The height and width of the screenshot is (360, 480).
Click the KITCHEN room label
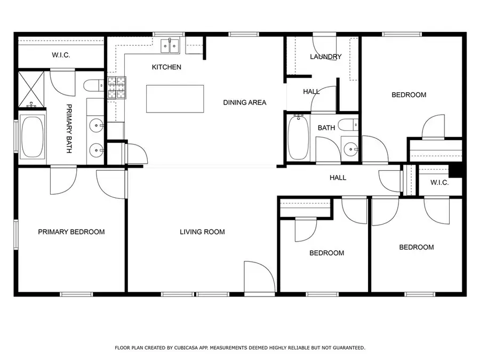pyautogui.click(x=166, y=67)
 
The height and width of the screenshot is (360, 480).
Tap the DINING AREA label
pyautogui.click(x=245, y=102)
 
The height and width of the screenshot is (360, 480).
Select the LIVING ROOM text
pyautogui.click(x=202, y=232)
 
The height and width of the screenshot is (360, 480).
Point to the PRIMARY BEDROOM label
pyautogui.click(x=71, y=232)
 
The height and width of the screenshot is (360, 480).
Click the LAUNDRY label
pyautogui.click(x=326, y=57)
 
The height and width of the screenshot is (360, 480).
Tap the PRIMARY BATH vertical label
pyautogui.click(x=69, y=129)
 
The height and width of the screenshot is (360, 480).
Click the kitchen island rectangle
pyautogui.click(x=175, y=99)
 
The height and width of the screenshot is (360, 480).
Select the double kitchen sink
pyautogui.click(x=170, y=46)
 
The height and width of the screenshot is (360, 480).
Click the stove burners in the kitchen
pyautogui.click(x=117, y=87)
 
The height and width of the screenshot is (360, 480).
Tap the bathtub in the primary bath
pyautogui.click(x=33, y=137)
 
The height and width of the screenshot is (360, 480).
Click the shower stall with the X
pyautogui.click(x=31, y=90)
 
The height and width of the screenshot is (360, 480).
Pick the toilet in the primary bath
pyautogui.click(x=94, y=85)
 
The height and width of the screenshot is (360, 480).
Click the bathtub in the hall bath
pyautogui.click(x=299, y=138)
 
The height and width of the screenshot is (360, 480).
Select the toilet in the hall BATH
pyautogui.click(x=349, y=125)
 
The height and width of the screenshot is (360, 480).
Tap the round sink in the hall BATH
pyautogui.click(x=350, y=149)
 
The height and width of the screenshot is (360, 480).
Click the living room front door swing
pyautogui.click(x=260, y=277)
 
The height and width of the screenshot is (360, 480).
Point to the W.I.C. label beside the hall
pyautogui.click(x=439, y=183)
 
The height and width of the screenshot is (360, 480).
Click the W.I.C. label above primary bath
pyautogui.click(x=61, y=55)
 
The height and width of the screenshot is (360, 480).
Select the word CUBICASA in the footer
pyautogui.click(x=185, y=348)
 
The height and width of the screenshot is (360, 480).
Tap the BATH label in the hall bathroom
pyautogui.click(x=326, y=128)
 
